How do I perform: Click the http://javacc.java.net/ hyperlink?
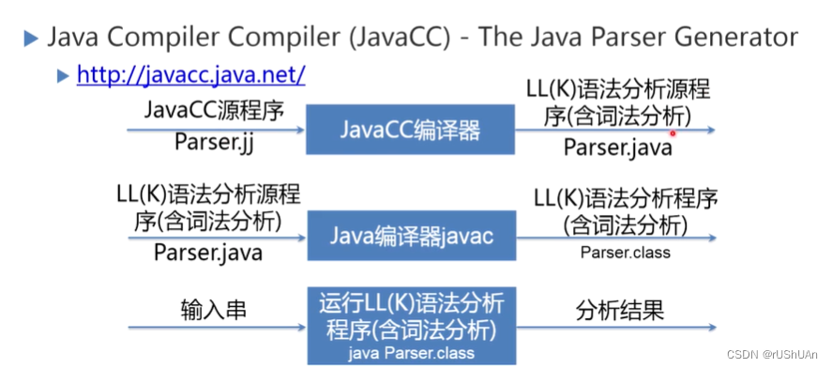[x=190, y=74]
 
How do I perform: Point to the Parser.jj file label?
[x=213, y=142]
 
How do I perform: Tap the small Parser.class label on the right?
[x=626, y=252]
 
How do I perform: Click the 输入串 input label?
[x=213, y=308]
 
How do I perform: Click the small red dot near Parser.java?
[x=673, y=133]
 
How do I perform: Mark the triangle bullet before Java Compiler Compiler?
[x=31, y=38]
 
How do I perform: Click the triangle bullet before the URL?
[x=63, y=74]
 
